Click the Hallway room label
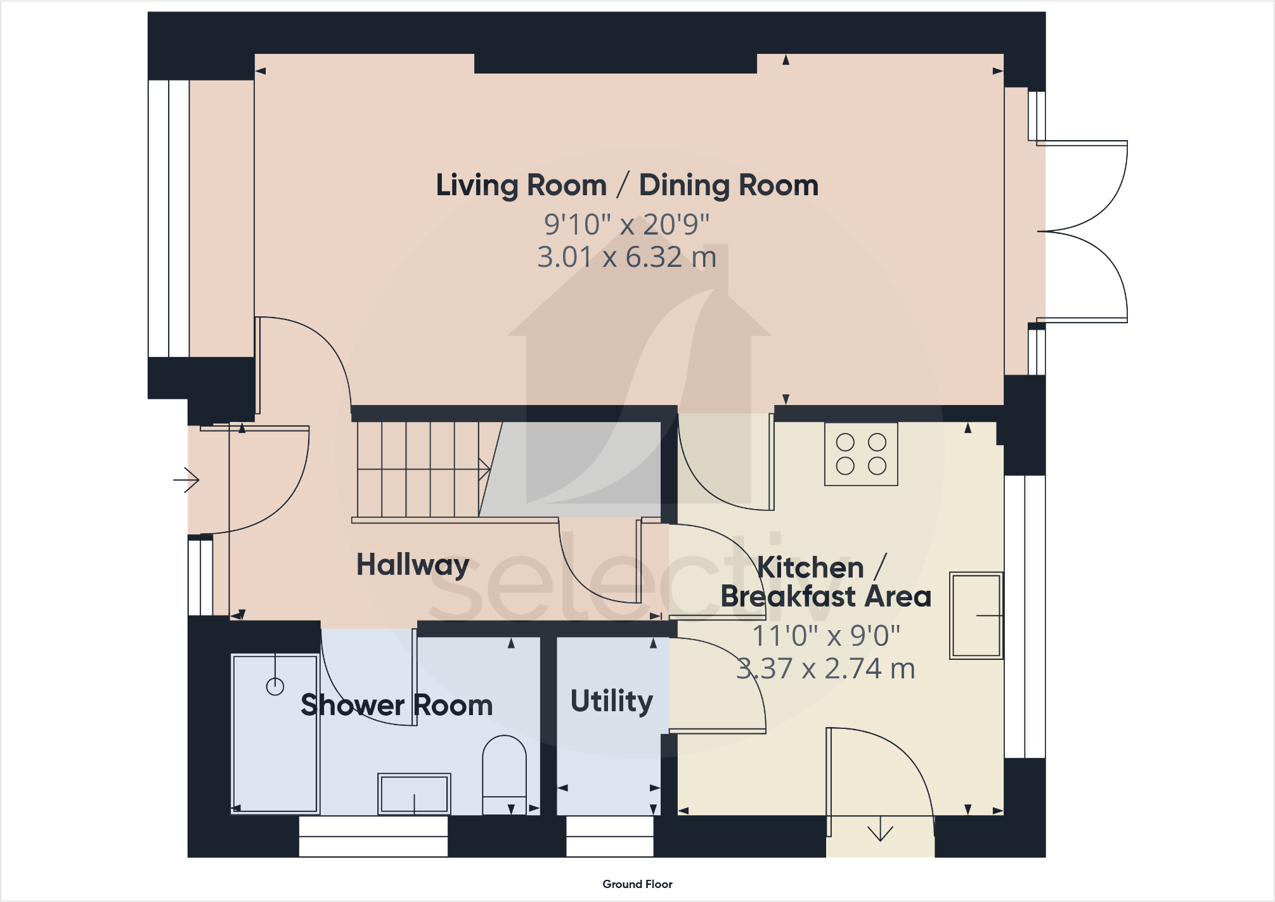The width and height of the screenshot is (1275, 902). pyautogui.click(x=412, y=564)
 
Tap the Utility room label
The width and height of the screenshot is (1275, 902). pyautogui.click(x=611, y=701)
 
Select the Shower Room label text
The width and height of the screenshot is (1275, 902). pyautogui.click(x=396, y=705)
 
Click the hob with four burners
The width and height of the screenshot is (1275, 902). pyautogui.click(x=860, y=454)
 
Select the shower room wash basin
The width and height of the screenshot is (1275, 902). pyautogui.click(x=414, y=794)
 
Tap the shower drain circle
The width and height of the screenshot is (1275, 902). pyautogui.click(x=275, y=686)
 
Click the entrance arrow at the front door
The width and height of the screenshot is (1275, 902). pyautogui.click(x=186, y=480)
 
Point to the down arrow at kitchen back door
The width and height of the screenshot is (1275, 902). pyautogui.click(x=880, y=830)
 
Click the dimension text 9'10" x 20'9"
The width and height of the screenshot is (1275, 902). pyautogui.click(x=626, y=224)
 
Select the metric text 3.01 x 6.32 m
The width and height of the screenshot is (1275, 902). pyautogui.click(x=626, y=257)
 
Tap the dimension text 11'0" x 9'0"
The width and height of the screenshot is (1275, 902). pyautogui.click(x=825, y=636)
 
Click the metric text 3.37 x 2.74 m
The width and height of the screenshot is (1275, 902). pyautogui.click(x=825, y=669)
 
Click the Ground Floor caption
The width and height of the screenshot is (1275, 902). pyautogui.click(x=637, y=884)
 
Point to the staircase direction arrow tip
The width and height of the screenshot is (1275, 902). pyautogui.click(x=488, y=470)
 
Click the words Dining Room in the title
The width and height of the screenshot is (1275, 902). pyautogui.click(x=728, y=185)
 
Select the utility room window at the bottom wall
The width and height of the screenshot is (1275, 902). pyautogui.click(x=609, y=837)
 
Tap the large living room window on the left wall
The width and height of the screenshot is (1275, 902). pyautogui.click(x=169, y=219)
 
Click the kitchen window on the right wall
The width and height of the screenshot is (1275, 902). pyautogui.click(x=1025, y=616)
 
